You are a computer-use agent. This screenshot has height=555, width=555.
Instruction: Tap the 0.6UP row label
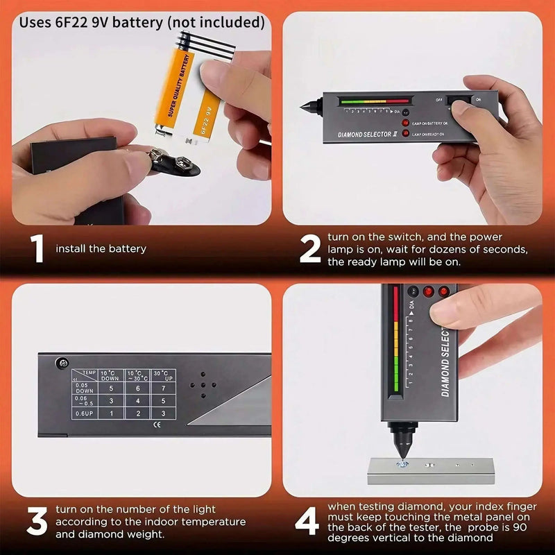[x=83, y=414]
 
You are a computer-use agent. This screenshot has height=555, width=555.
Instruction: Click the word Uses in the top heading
[x=35, y=22]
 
